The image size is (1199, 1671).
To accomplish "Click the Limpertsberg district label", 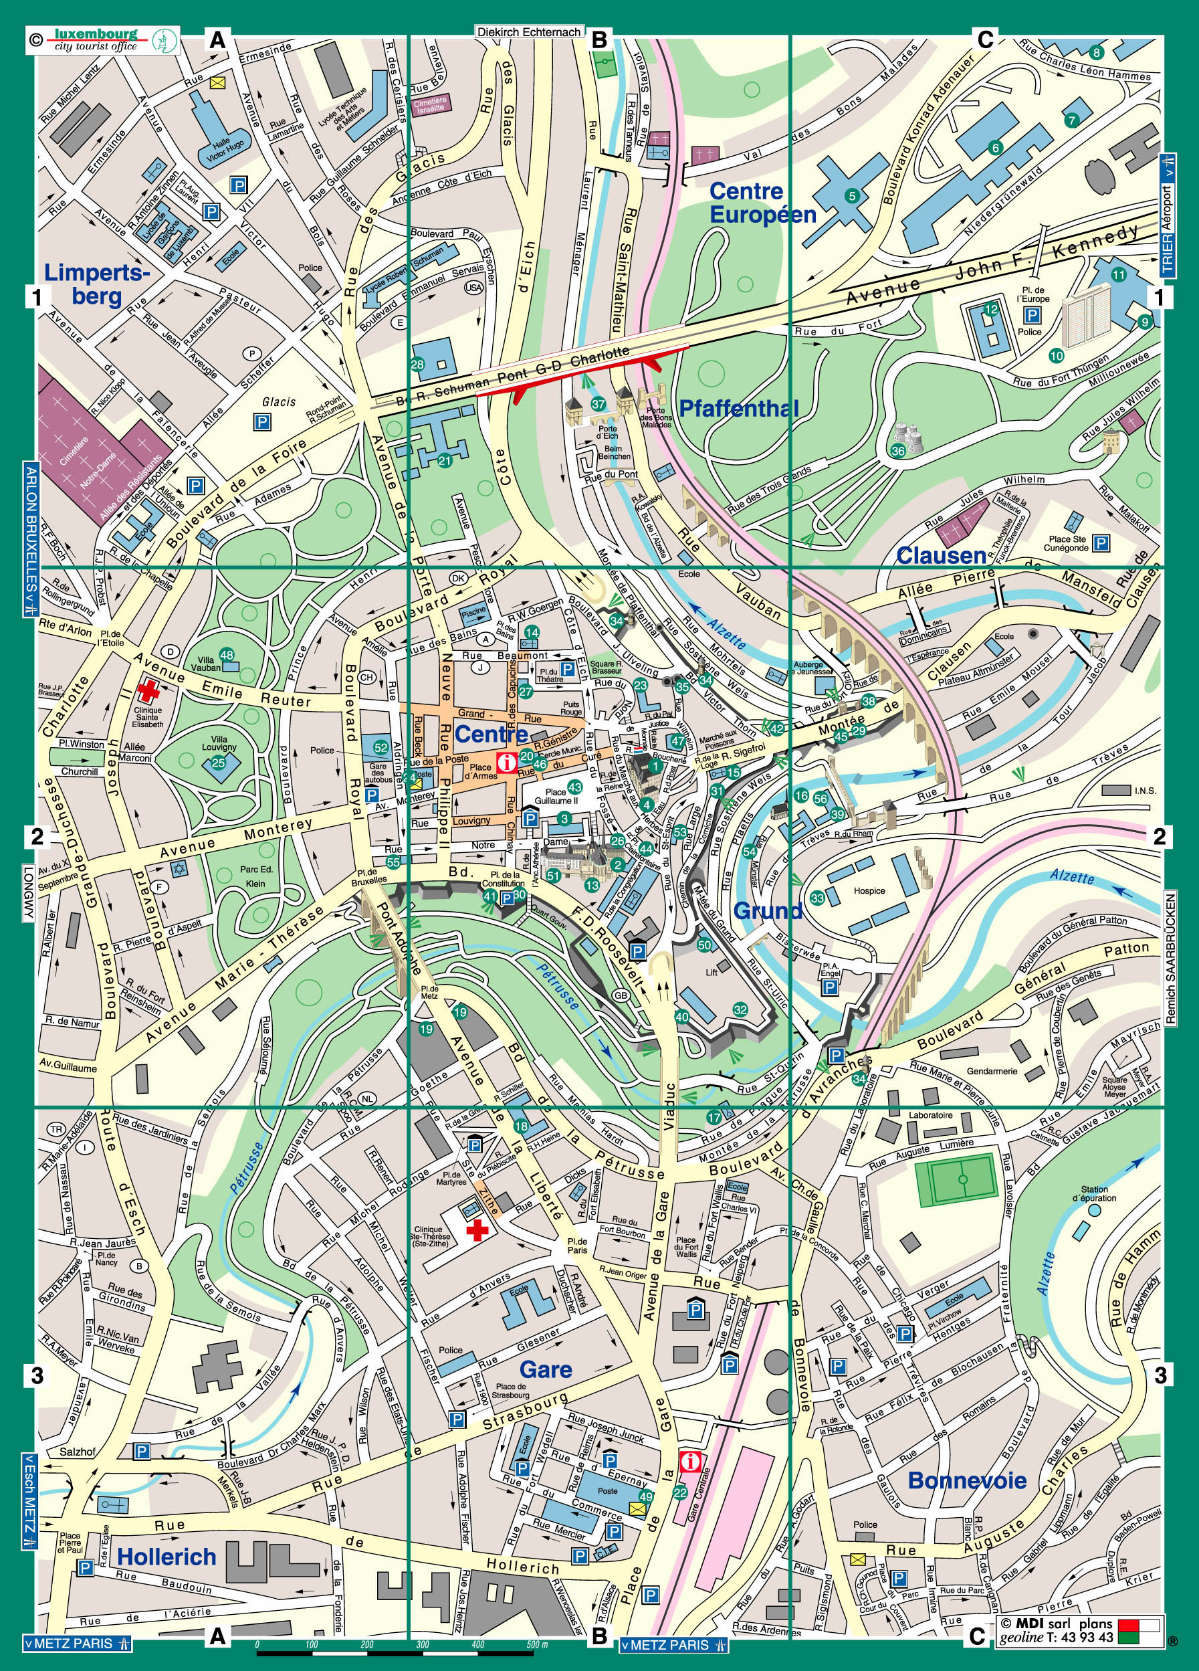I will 96,284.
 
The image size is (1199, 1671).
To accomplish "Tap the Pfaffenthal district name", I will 738,408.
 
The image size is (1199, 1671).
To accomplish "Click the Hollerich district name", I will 167,1556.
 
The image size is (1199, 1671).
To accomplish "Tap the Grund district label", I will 768,910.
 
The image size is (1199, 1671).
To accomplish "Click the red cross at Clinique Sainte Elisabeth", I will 148,690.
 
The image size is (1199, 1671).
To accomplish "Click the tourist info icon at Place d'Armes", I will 507,763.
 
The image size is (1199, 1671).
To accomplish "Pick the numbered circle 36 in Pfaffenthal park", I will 898,452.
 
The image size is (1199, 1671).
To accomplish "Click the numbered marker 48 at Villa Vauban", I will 226,655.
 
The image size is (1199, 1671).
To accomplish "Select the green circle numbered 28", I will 417,364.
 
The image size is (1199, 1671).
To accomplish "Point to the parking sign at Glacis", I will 261,422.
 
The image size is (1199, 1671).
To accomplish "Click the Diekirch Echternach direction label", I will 530,32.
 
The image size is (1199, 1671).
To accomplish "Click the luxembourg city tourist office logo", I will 103,41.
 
